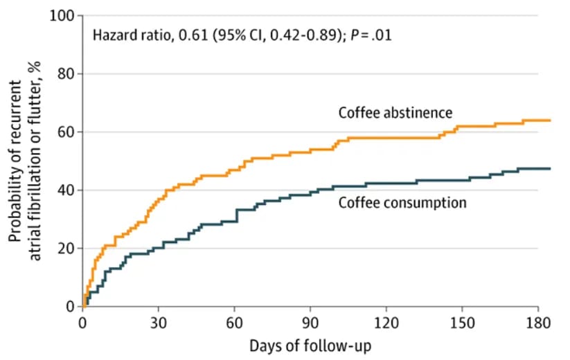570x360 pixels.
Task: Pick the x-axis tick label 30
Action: (159, 323)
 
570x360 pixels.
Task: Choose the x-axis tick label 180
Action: (538, 323)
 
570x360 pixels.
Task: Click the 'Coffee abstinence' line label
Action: (395, 112)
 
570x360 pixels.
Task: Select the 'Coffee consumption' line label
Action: (402, 203)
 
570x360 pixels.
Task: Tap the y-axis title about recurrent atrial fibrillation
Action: (26, 161)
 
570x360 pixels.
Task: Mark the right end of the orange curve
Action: (550, 120)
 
